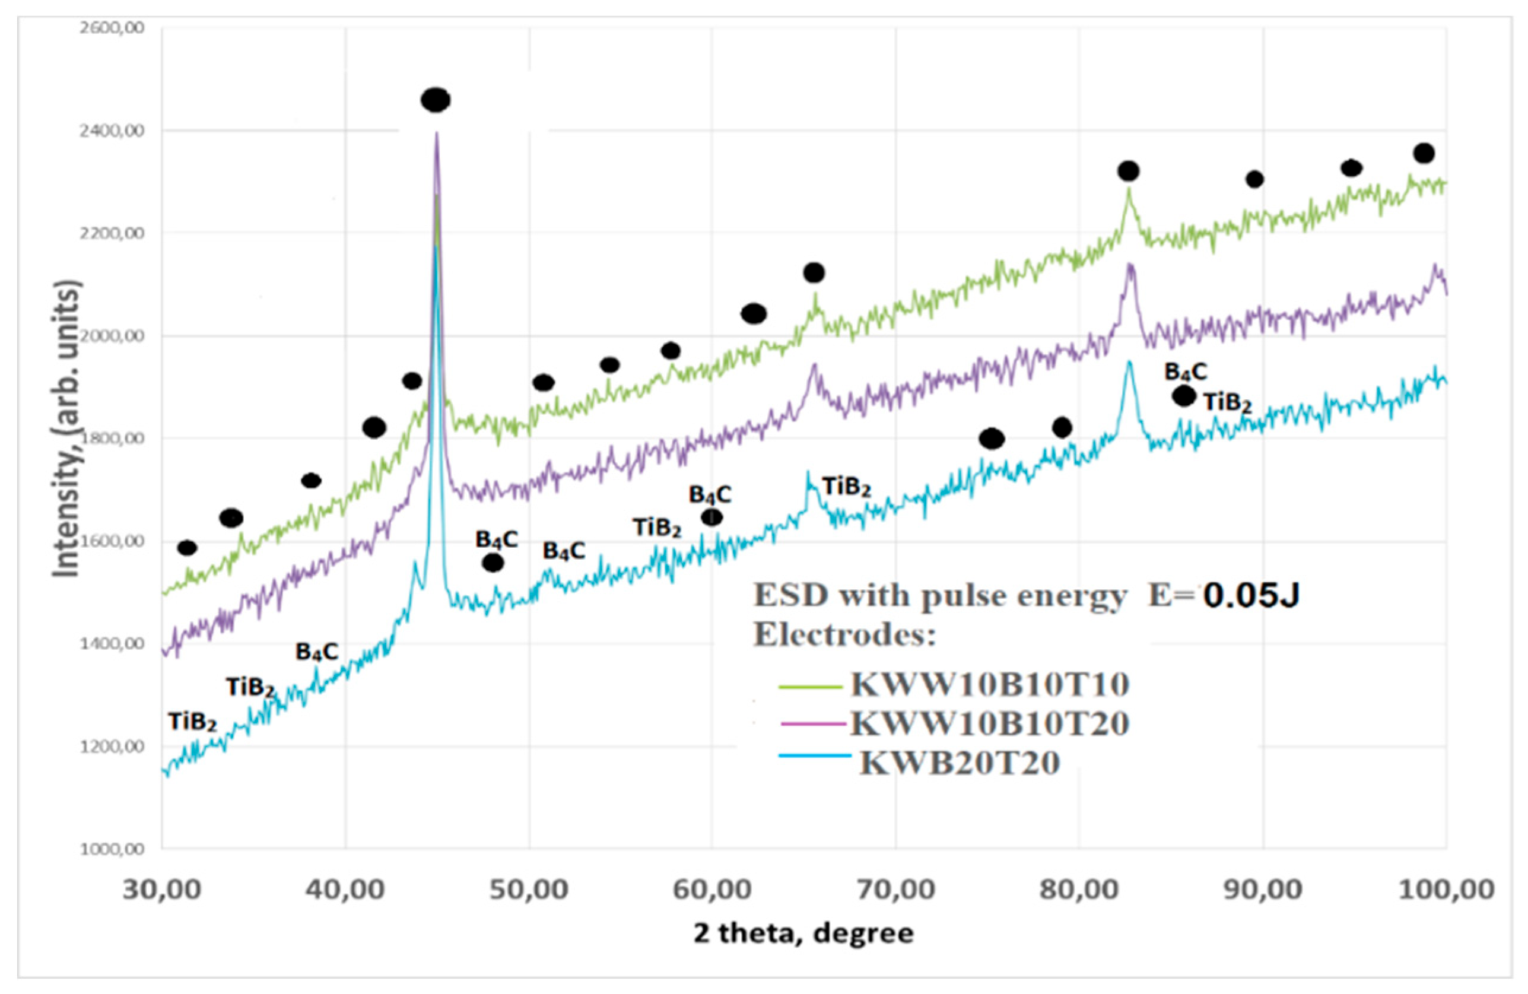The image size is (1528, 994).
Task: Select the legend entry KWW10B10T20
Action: (x=989, y=723)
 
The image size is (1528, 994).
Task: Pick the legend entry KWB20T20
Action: (x=959, y=763)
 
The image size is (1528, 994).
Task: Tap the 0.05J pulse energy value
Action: (x=1251, y=596)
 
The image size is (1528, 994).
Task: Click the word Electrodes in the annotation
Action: (x=844, y=636)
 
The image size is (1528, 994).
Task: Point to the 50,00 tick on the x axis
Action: (x=529, y=890)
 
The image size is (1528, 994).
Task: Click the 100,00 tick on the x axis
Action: (x=1445, y=890)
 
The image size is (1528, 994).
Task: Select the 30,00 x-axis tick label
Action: (x=163, y=890)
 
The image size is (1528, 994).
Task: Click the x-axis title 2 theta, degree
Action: (x=802, y=933)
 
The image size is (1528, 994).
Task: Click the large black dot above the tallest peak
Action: (x=436, y=100)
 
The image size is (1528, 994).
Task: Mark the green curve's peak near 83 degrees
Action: (x=1128, y=190)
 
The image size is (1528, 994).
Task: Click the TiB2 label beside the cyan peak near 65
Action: (x=846, y=487)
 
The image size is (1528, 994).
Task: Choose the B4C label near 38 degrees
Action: (x=316, y=652)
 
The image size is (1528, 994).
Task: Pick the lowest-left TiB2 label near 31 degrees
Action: (x=193, y=722)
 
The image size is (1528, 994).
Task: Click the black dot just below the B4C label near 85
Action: (x=1184, y=396)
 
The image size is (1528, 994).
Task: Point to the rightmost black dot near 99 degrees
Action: (x=1424, y=153)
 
